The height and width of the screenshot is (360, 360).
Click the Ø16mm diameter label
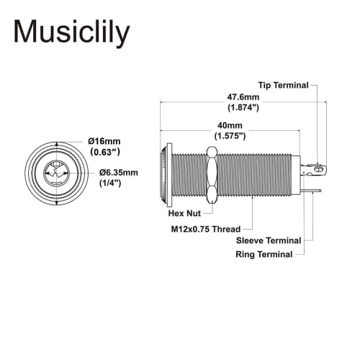104,140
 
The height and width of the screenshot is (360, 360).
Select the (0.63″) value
104,153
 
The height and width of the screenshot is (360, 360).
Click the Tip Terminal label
284,85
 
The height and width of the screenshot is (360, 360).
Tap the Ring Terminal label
264,254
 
